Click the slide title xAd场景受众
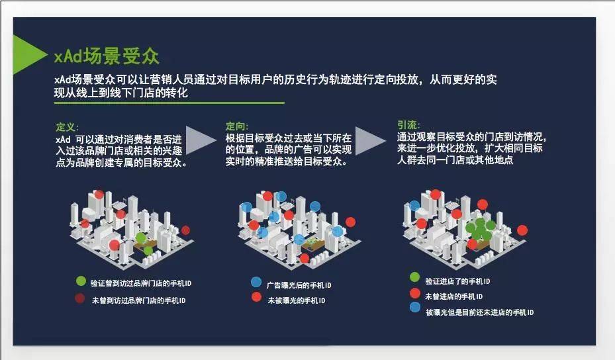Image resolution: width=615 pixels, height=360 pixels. (x=107, y=56)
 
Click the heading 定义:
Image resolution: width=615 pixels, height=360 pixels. (x=67, y=127)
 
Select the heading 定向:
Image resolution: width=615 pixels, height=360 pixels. (x=237, y=126)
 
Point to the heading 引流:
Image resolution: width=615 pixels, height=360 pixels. (x=408, y=124)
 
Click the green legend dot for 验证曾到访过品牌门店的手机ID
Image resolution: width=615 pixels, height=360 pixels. (x=81, y=281)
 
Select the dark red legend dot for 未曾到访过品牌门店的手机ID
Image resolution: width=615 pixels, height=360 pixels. (x=79, y=298)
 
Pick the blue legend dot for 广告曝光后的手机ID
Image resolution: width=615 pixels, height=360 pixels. (x=256, y=282)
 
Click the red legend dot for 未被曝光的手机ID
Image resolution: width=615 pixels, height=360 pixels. (x=256, y=297)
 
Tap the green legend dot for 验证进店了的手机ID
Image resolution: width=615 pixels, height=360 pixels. (x=414, y=277)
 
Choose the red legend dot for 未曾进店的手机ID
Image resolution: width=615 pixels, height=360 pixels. (x=415, y=293)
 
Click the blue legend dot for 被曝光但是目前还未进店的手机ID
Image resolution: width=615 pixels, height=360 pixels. (x=415, y=307)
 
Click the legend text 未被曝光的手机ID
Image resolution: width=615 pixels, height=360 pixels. (x=297, y=300)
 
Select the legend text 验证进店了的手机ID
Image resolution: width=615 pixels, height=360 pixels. (x=457, y=281)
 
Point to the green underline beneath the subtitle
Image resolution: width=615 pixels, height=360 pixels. (x=169, y=103)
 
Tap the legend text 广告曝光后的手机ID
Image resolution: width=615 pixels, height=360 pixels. (x=299, y=285)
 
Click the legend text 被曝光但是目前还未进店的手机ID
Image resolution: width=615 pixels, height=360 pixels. (x=480, y=312)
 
